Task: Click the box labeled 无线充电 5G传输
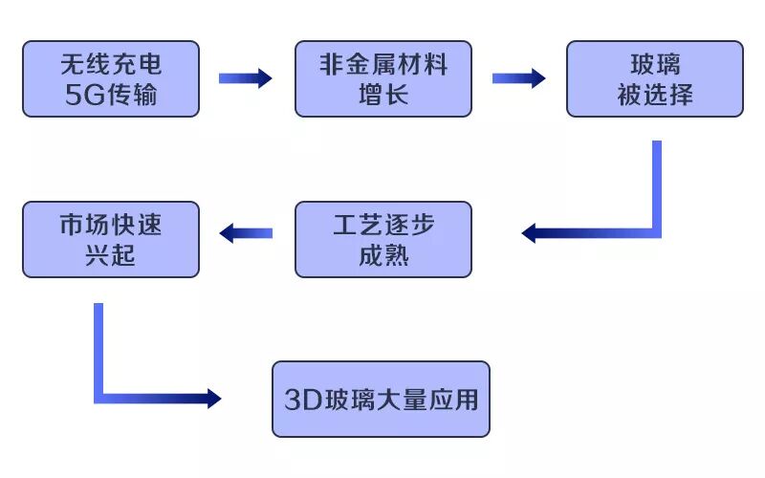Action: pyautogui.click(x=111, y=78)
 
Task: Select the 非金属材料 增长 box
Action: pyautogui.click(x=382, y=78)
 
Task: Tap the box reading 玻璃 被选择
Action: pyautogui.click(x=655, y=78)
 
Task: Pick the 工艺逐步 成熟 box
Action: pyautogui.click(x=382, y=239)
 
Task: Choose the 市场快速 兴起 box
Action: pyautogui.click(x=111, y=239)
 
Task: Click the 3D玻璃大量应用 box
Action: pyautogui.click(x=381, y=399)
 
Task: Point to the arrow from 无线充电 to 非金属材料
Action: pyautogui.click(x=246, y=78)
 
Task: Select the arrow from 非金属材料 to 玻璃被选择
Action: pyautogui.click(x=518, y=78)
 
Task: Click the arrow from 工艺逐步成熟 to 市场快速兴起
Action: pyautogui.click(x=246, y=232)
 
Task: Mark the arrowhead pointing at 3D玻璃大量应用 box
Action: pyautogui.click(x=211, y=398)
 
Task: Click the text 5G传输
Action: pyautogui.click(x=111, y=95)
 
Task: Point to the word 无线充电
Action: pyautogui.click(x=111, y=64)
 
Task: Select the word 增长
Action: pyautogui.click(x=382, y=95)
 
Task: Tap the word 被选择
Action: pyautogui.click(x=655, y=95)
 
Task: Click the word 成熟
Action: pyautogui.click(x=382, y=255)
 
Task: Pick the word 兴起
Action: pyautogui.click(x=111, y=255)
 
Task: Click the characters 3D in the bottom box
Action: pyautogui.click(x=303, y=400)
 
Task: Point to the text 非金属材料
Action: pyautogui.click(x=382, y=64)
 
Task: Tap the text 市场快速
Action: pyautogui.click(x=111, y=225)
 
